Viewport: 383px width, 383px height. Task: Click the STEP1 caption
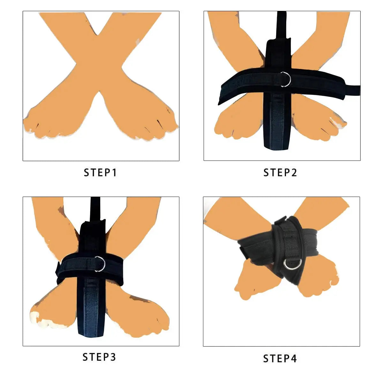point(100,173)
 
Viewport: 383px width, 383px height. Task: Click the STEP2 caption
point(280,173)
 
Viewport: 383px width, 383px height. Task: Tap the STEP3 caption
point(99,357)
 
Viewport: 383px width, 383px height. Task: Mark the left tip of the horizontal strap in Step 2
point(219,104)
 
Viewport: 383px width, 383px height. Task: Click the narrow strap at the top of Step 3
point(95,209)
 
